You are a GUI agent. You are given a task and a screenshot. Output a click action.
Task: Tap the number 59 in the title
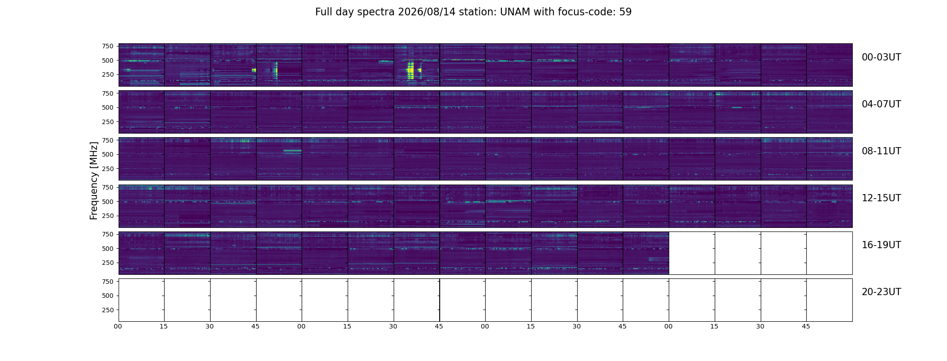pyautogui.click(x=625, y=12)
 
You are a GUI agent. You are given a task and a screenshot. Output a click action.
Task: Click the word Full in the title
pyautogui.click(x=323, y=12)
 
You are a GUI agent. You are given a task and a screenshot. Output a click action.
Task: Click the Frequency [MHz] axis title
pyautogui.click(x=94, y=181)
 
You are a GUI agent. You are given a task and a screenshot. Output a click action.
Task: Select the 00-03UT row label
pyautogui.click(x=881, y=57)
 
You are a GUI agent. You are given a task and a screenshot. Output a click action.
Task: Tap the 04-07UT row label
pyautogui.click(x=881, y=104)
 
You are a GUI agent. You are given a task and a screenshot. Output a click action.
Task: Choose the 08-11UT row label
pyautogui.click(x=881, y=151)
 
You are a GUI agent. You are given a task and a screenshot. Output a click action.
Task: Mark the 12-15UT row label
pyautogui.click(x=881, y=198)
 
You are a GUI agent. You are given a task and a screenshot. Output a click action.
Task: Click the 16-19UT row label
pyautogui.click(x=881, y=245)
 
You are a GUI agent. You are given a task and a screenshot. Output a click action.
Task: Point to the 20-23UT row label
pyautogui.click(x=881, y=292)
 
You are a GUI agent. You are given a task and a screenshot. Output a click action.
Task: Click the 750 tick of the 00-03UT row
pyautogui.click(x=108, y=46)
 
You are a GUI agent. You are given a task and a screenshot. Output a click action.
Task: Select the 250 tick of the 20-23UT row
pyautogui.click(x=108, y=310)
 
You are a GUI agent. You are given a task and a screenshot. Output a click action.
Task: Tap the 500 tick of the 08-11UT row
pyautogui.click(x=108, y=155)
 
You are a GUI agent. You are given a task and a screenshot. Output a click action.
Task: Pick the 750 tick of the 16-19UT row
pyautogui.click(x=108, y=234)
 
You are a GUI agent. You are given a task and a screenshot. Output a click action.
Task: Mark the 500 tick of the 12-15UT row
pyautogui.click(x=108, y=202)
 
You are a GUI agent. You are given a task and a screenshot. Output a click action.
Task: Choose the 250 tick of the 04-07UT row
pyautogui.click(x=108, y=122)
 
